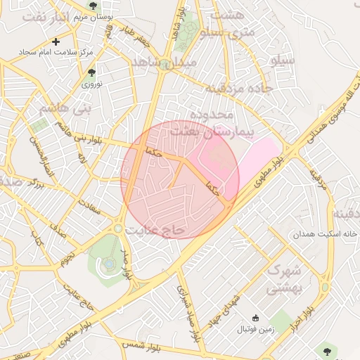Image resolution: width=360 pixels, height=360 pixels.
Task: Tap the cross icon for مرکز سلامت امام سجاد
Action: (x=56, y=42)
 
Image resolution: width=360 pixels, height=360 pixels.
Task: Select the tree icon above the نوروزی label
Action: (x=91, y=72)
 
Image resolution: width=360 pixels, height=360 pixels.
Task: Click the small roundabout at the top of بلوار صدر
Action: (x=118, y=229)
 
